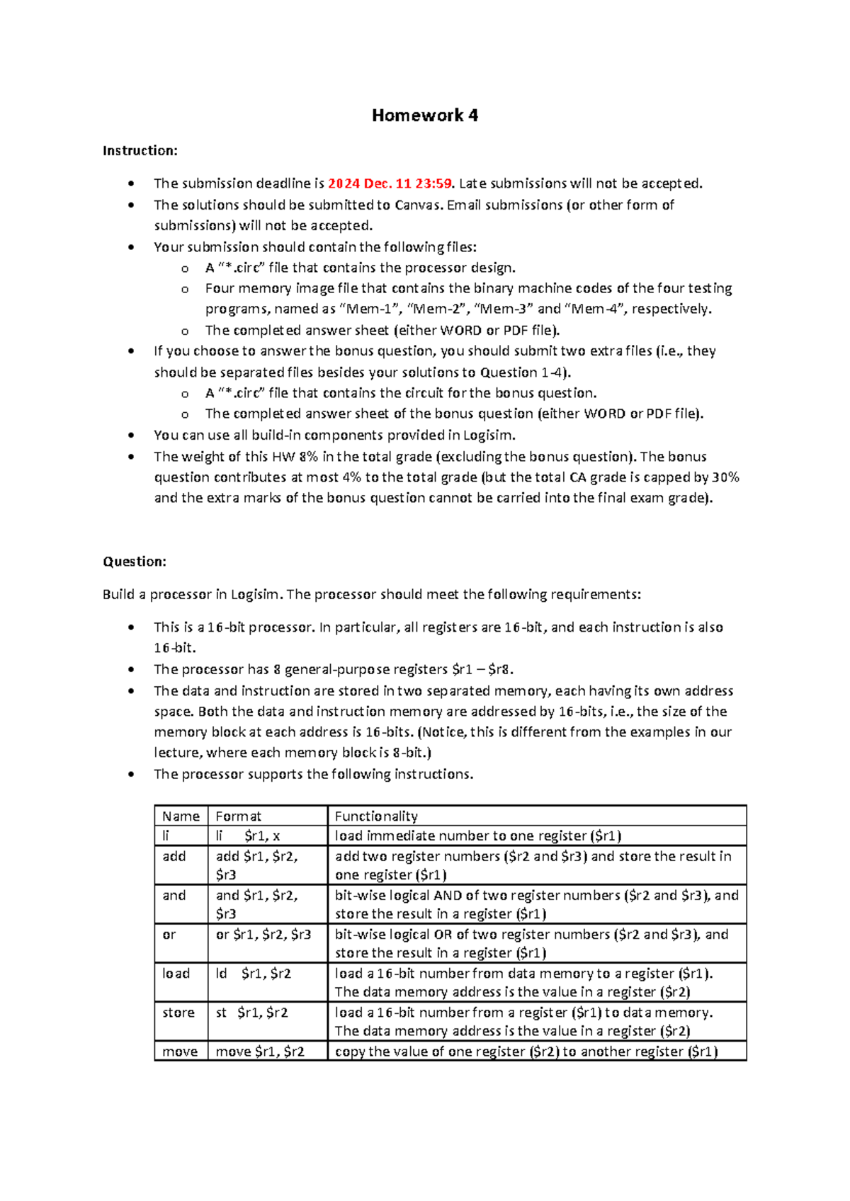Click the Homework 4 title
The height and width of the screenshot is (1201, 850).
(x=425, y=115)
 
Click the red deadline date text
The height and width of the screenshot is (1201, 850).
(x=390, y=183)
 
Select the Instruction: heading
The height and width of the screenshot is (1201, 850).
(x=140, y=150)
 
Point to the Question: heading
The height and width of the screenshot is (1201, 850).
(x=135, y=562)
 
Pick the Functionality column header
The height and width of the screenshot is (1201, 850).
(x=376, y=816)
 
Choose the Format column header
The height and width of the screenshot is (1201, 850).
(x=238, y=816)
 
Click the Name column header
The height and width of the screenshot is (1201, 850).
(x=181, y=816)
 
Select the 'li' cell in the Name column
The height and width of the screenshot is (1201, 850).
(x=166, y=836)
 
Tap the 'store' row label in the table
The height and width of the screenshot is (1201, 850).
(x=178, y=1013)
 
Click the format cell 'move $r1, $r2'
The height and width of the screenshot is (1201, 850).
(x=260, y=1052)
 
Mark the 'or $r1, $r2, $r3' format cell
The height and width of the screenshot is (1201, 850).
(x=263, y=935)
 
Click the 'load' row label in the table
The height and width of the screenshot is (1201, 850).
(x=176, y=974)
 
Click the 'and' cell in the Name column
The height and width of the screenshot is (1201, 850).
(x=174, y=896)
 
